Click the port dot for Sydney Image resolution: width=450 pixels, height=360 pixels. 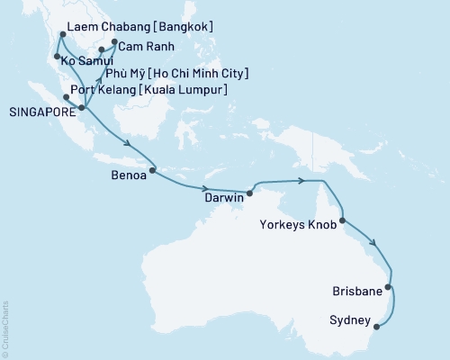[x=376, y=327]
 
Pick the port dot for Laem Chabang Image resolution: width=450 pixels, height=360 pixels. [x=61, y=34]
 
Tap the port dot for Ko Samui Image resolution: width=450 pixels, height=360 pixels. [x=57, y=58]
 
